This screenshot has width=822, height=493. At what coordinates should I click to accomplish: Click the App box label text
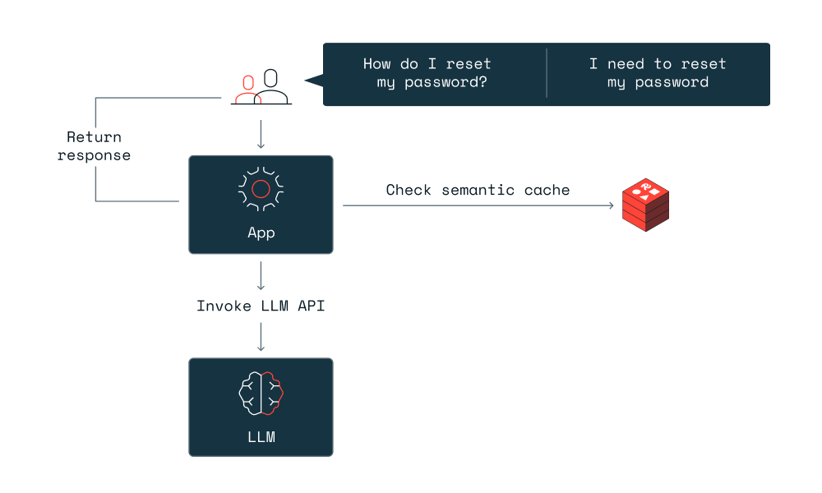click(x=261, y=233)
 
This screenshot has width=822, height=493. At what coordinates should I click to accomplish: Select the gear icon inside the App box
click(x=261, y=189)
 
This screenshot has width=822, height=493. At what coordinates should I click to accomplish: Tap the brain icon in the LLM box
click(x=261, y=392)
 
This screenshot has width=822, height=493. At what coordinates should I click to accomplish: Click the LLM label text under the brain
click(x=261, y=436)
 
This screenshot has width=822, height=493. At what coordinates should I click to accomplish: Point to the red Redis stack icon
click(x=645, y=204)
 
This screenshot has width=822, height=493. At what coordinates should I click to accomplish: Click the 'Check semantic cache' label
click(x=478, y=191)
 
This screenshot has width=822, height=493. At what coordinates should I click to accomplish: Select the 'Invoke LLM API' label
click(x=261, y=306)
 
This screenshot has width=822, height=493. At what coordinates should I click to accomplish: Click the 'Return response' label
click(x=94, y=146)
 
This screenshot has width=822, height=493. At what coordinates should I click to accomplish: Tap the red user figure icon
click(x=247, y=90)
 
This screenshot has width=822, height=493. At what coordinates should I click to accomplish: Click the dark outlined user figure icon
click(x=271, y=87)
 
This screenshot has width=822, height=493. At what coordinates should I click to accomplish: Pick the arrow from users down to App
click(x=261, y=134)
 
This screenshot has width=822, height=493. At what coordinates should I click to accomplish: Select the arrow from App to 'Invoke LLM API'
click(x=261, y=275)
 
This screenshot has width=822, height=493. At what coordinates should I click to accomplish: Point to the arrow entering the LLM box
click(x=261, y=336)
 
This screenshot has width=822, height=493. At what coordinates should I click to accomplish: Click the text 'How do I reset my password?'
click(x=427, y=73)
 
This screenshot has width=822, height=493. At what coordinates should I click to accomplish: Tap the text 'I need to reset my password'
click(x=658, y=73)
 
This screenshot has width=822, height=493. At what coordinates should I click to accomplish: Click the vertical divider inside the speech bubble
click(x=547, y=73)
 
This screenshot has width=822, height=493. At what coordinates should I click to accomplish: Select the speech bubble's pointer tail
click(x=313, y=80)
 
